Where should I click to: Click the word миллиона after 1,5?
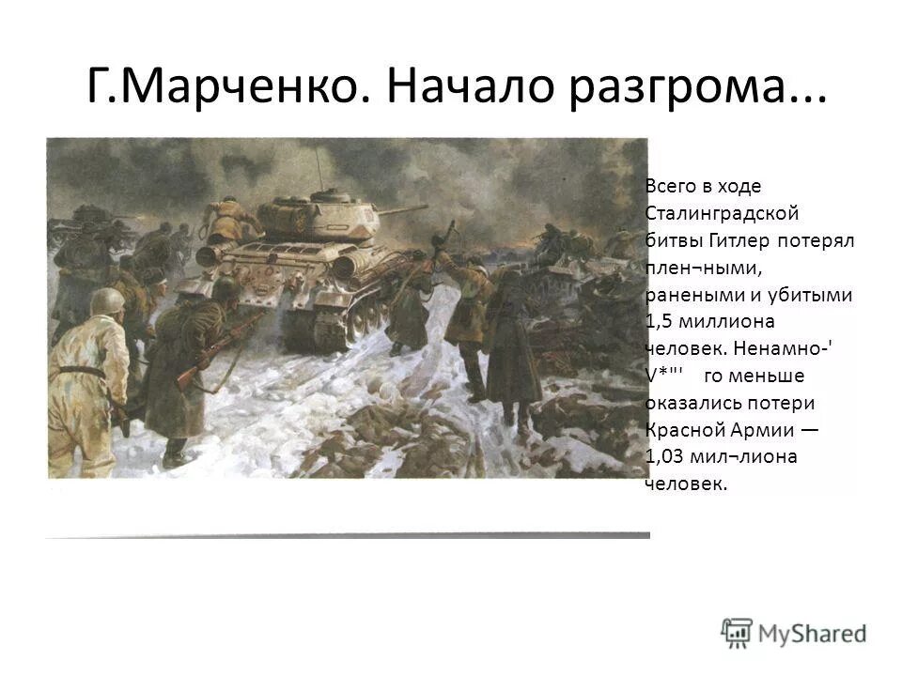pos(726,321)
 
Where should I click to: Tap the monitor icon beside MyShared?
pos(737,631)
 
